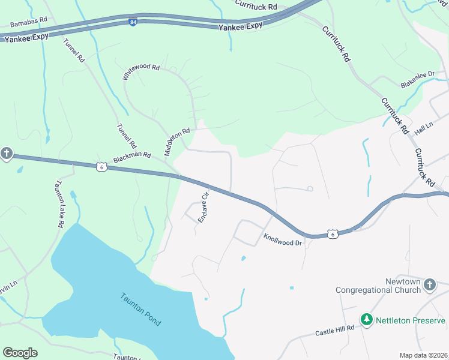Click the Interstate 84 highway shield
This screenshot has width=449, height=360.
click(x=132, y=22)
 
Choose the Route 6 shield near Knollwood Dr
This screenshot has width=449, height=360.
click(x=333, y=233)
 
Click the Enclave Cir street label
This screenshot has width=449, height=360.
click(x=204, y=206)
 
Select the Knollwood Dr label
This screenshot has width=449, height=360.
click(x=282, y=238)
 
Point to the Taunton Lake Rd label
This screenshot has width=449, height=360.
click(x=59, y=204)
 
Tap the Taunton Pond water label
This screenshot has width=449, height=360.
click(x=140, y=309)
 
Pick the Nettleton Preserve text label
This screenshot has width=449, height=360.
click(x=411, y=320)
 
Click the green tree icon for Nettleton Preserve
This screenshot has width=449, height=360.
click(x=366, y=320)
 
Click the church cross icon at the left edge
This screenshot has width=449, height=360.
click(x=6, y=154)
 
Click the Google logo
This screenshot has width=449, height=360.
click(x=20, y=353)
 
